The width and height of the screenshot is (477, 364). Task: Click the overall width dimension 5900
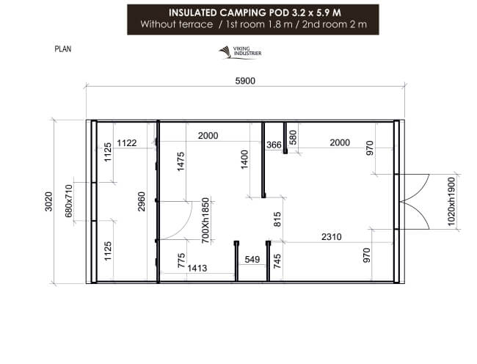[x=244, y=81]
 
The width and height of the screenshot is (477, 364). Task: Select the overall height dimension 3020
[x=48, y=201]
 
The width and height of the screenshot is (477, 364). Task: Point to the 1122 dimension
[x=126, y=142]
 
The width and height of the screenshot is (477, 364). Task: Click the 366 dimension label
[x=274, y=145]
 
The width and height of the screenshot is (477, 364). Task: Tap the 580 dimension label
[x=292, y=137]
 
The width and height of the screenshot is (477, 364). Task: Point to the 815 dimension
[x=277, y=220]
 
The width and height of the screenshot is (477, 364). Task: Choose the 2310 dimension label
[x=332, y=236]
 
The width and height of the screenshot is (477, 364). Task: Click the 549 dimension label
[x=252, y=259]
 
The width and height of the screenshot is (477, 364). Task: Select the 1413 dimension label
[x=197, y=269]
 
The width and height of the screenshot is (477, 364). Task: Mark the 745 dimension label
[x=277, y=261]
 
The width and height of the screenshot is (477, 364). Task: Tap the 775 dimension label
[x=181, y=262]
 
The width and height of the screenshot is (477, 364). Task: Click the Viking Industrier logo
[x=240, y=52]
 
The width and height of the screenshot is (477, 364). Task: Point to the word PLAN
[x=62, y=50]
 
